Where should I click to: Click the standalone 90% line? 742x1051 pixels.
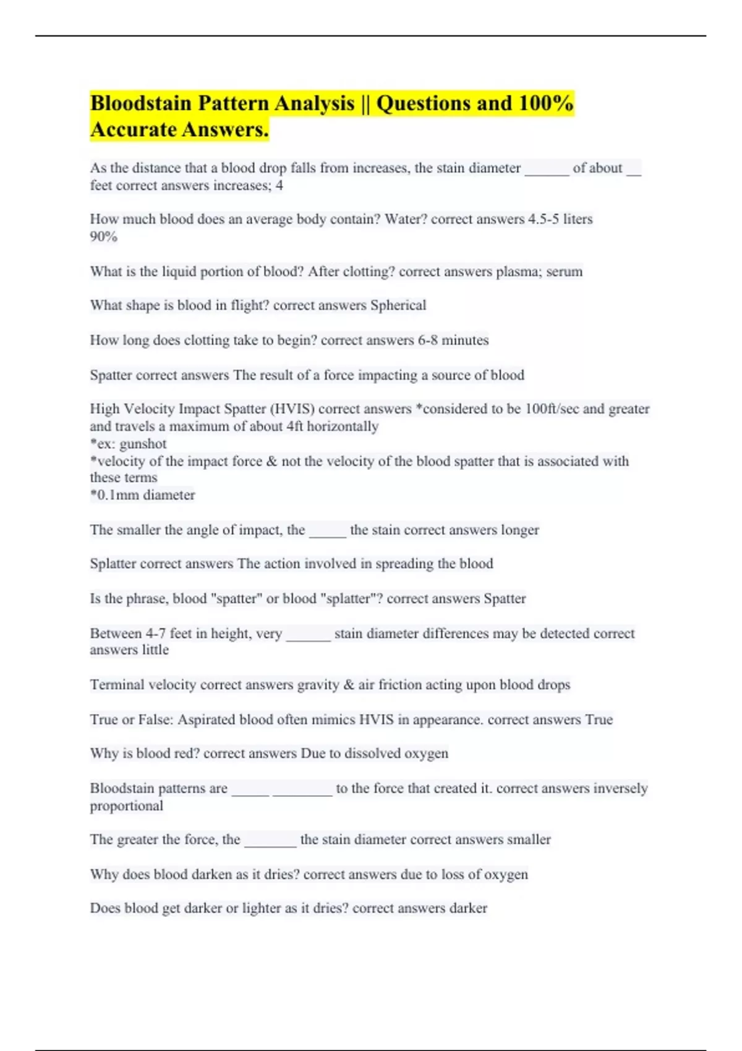103,237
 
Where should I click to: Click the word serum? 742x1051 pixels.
565,272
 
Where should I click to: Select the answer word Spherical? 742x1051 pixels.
398,305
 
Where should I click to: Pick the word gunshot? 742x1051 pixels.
143,444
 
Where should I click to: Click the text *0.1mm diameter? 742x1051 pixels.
142,495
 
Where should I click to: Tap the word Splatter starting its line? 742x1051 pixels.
113,564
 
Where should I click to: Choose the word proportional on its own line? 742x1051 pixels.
127,806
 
